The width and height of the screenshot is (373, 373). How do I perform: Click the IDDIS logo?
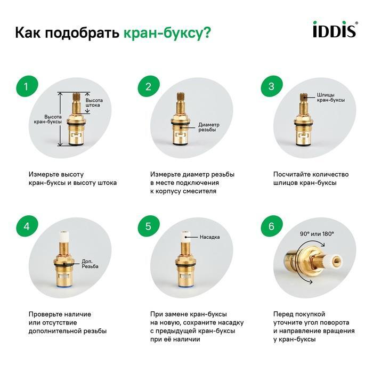pos(335,29)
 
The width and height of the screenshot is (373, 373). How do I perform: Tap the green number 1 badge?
pos(27,86)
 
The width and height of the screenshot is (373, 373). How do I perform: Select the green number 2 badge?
pos(149,86)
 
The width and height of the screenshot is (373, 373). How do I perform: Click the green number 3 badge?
pos(272,86)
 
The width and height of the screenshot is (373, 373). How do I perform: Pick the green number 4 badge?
pos(27,226)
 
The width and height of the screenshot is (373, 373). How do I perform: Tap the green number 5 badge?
pos(149,226)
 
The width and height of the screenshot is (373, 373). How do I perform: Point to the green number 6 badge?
pos(272,226)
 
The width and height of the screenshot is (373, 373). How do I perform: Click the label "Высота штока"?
pos(94,103)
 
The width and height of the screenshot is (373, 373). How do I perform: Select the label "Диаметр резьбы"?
pos(209,127)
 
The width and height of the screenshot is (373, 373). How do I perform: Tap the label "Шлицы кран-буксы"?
pos(331,98)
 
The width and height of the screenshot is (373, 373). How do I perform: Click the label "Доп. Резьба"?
pos(90,264)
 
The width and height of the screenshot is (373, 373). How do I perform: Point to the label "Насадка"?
pos(209,237)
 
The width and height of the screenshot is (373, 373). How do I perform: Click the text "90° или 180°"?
pos(317,234)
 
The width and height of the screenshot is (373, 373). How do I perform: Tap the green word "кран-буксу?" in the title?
pos(167,33)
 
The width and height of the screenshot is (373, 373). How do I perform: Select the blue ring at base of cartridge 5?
pos(184,287)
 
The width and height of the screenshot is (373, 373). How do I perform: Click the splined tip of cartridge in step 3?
pos(303,97)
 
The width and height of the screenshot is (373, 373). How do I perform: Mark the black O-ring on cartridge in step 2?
pos(180,123)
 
